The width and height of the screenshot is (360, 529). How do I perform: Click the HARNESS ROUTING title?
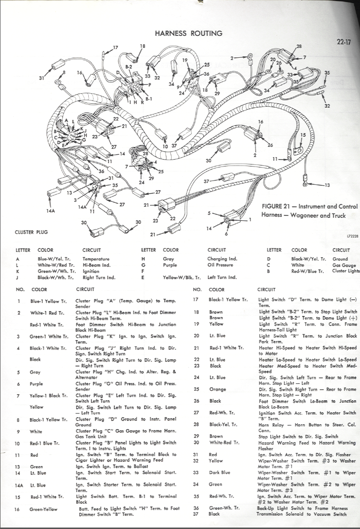[188, 33]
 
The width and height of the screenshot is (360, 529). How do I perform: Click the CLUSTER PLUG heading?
[32, 232]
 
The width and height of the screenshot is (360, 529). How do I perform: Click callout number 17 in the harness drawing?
[115, 47]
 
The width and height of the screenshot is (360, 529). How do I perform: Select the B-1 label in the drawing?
[149, 99]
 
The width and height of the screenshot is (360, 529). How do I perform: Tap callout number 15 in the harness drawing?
[303, 135]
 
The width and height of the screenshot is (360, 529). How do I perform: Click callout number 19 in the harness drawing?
[185, 60]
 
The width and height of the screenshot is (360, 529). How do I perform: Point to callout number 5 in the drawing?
[209, 213]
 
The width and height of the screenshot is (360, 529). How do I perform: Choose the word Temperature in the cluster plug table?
[96, 259]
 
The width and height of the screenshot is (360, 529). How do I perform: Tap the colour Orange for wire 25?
[217, 389]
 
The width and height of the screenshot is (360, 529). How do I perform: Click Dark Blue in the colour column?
[219, 472]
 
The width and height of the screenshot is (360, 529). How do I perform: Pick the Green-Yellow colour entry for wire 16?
[43, 509]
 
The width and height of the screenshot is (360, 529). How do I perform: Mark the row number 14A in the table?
[20, 484]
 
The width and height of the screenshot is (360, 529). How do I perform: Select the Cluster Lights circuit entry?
[346, 271]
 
